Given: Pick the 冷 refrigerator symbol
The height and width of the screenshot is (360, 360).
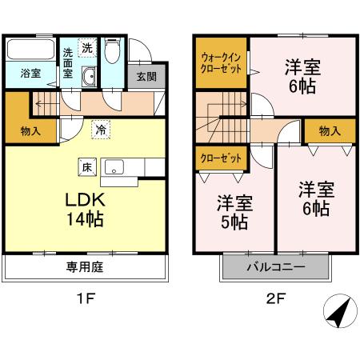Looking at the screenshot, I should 100,128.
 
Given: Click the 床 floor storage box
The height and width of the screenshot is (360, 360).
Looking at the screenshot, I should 85,167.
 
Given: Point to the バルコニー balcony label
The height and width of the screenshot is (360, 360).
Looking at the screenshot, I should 274,266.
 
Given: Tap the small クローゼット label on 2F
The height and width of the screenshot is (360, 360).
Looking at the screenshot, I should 222,158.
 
